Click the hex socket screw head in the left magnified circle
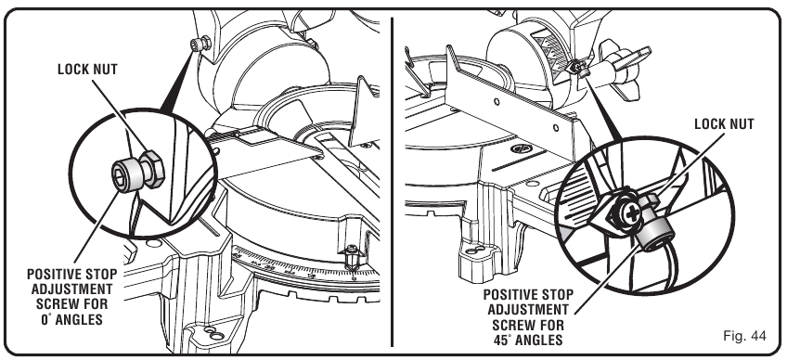(123, 173)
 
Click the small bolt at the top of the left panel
(196, 45)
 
